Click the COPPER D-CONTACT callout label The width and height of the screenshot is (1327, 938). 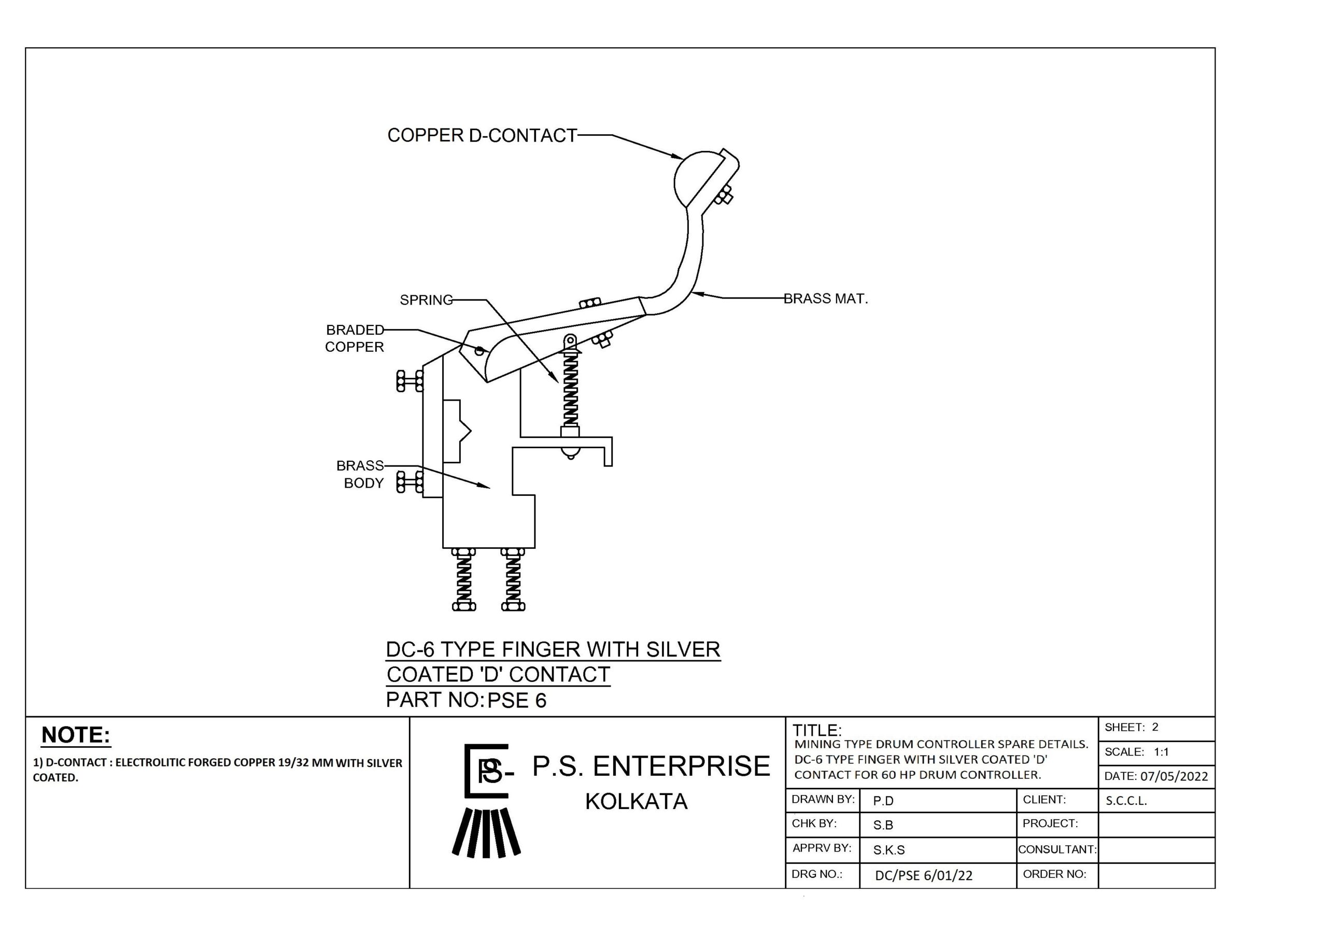pyautogui.click(x=482, y=135)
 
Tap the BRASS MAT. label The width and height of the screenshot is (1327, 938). pyautogui.click(x=825, y=299)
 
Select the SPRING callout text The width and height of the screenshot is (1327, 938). pyautogui.click(x=426, y=300)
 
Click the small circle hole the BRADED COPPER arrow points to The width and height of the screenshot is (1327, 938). pyautogui.click(x=479, y=350)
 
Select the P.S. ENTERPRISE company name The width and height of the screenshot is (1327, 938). pyautogui.click(x=651, y=766)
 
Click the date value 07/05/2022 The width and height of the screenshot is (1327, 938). pyautogui.click(x=1174, y=776)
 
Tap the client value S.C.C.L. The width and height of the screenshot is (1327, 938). pyautogui.click(x=1126, y=801)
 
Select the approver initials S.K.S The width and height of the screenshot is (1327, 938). pyautogui.click(x=888, y=850)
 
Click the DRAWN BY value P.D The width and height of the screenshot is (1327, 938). pyautogui.click(x=883, y=801)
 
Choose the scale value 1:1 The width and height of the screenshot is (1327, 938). pyautogui.click(x=1161, y=752)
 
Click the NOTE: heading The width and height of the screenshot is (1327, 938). pyautogui.click(x=76, y=735)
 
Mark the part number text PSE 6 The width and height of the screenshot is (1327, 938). pyautogui.click(x=517, y=701)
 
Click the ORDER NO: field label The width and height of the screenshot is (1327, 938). pyautogui.click(x=1054, y=874)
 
